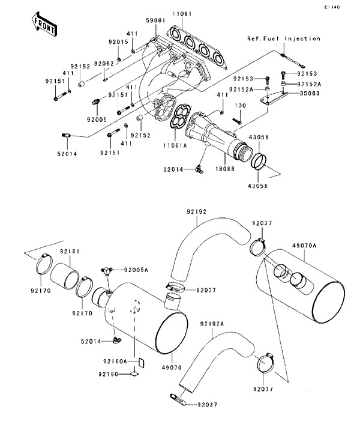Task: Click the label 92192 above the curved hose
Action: pyautogui.click(x=196, y=211)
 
